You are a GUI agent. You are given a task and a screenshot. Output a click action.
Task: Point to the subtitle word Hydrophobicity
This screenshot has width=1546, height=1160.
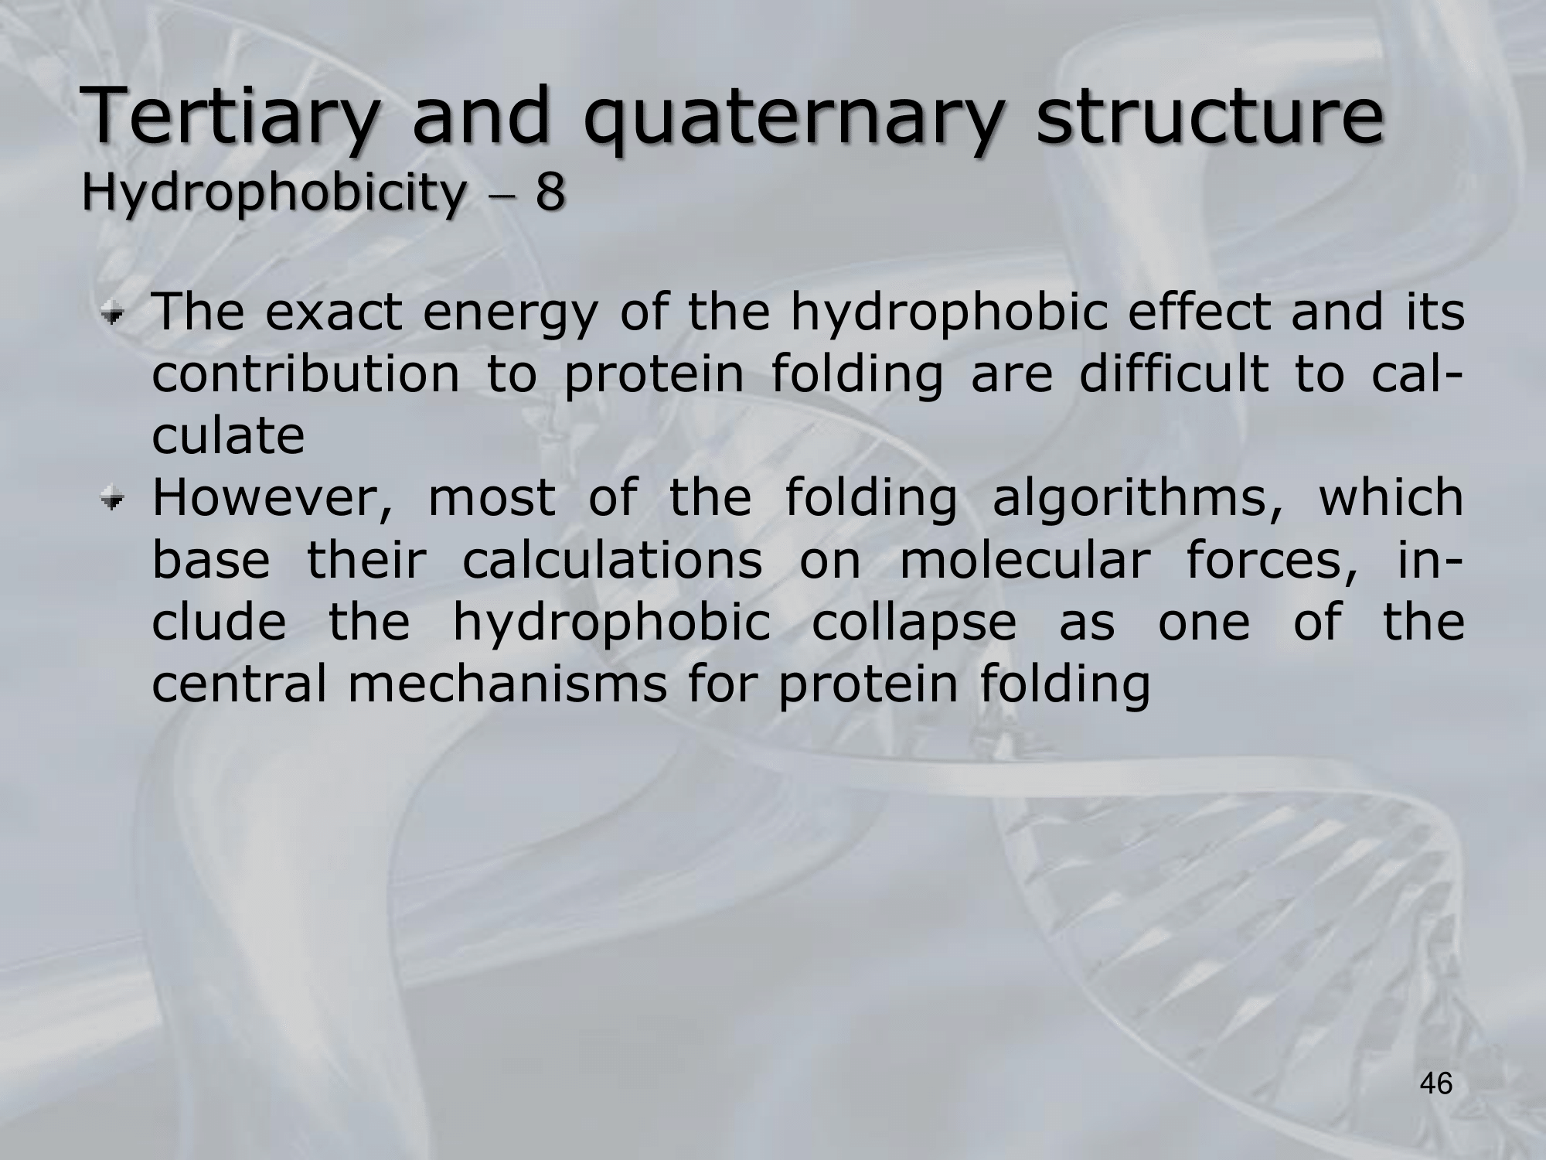tap(271, 193)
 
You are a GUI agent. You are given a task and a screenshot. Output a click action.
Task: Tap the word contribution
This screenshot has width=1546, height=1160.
tap(305, 374)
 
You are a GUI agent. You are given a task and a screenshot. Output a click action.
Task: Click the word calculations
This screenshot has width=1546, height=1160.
tap(612, 561)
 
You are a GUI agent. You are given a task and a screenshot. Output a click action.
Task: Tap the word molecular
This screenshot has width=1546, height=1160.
tap(1023, 561)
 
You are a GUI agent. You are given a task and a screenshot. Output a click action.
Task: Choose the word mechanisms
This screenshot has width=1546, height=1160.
tap(507, 684)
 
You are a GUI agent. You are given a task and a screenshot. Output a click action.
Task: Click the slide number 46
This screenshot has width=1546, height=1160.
tap(1436, 1083)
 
